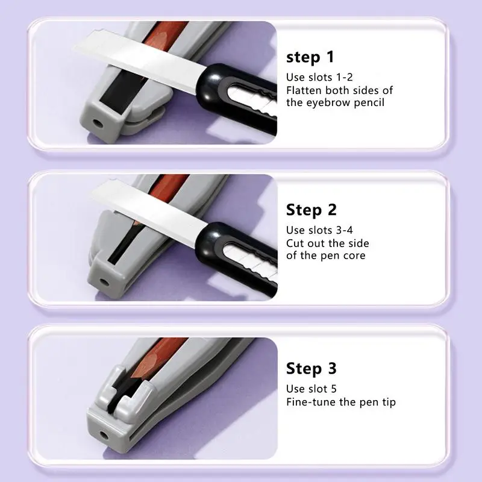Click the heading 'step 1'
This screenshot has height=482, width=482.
[310, 58]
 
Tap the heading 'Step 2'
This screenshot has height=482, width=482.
[311, 210]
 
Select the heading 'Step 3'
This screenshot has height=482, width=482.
[311, 368]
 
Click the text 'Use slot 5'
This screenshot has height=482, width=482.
[312, 389]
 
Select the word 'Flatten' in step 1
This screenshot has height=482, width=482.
[306, 90]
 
